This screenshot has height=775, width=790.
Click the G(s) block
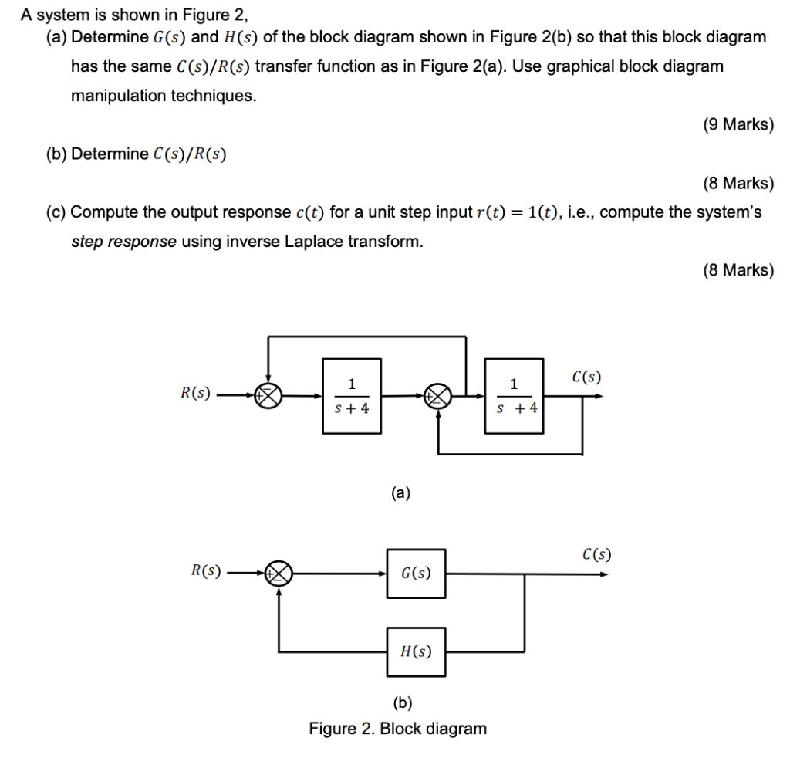(417, 574)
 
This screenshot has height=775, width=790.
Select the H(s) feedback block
(417, 651)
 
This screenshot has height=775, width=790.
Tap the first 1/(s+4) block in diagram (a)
(352, 395)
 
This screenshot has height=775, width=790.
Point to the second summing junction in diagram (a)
(439, 396)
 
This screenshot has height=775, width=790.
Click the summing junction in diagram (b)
(279, 574)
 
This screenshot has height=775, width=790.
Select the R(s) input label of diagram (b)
(206, 571)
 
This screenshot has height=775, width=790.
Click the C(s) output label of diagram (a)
(587, 377)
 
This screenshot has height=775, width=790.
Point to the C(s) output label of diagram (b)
(597, 553)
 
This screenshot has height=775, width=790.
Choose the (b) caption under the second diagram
(402, 702)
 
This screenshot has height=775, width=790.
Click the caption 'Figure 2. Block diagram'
(398, 728)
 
